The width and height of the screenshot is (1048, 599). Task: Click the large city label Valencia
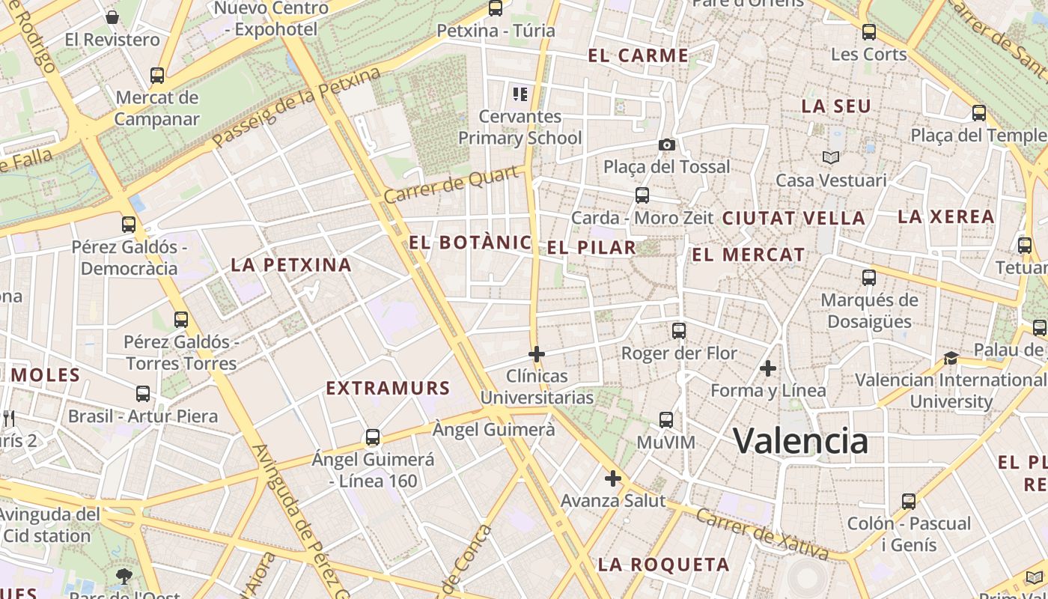(800, 440)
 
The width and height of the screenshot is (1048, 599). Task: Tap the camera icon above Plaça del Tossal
(666, 145)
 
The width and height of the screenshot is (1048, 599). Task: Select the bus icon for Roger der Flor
(679, 330)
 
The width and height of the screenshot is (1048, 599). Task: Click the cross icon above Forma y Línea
(768, 368)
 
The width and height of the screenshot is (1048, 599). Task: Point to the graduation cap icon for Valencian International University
(951, 358)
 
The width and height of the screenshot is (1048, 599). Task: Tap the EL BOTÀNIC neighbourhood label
(470, 243)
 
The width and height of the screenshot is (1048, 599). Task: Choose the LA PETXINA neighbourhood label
(291, 264)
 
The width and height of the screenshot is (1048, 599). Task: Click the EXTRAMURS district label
(389, 388)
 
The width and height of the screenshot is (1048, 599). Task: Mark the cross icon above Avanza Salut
(613, 478)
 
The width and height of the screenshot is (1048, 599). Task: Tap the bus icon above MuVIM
(666, 420)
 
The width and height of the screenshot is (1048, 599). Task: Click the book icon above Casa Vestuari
(831, 157)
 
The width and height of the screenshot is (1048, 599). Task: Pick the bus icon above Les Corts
(869, 32)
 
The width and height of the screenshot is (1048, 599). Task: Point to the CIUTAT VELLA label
(793, 219)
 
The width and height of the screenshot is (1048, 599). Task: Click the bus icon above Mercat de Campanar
(157, 76)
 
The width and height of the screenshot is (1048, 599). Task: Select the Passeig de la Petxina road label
(296, 107)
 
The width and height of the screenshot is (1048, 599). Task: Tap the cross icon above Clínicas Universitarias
(537, 353)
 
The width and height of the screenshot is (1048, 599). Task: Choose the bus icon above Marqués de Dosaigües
(869, 278)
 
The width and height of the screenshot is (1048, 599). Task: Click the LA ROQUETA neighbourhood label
(663, 565)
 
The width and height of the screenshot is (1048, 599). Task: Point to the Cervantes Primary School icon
(520, 94)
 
